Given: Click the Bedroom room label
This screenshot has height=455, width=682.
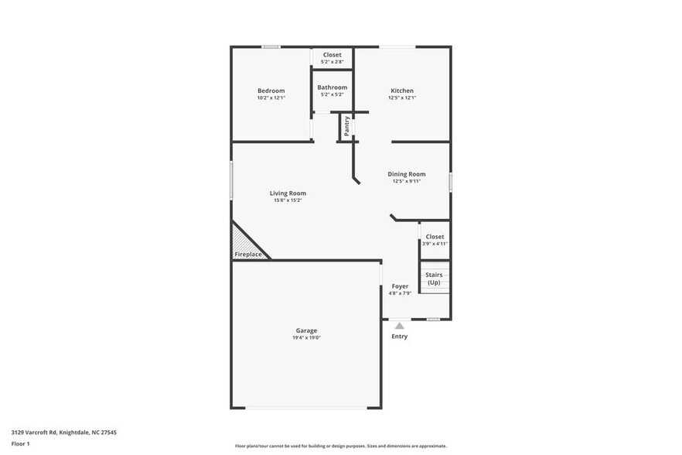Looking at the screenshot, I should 271,91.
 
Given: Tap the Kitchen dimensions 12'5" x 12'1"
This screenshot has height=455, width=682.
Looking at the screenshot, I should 402,97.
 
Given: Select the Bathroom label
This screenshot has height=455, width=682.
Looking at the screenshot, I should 332,87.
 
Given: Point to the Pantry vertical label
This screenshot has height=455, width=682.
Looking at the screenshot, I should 346,126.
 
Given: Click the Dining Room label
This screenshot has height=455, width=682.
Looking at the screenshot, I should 407,174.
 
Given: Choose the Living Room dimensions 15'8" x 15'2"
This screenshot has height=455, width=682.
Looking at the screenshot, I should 288,200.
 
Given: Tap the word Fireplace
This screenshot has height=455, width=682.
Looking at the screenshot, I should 248,254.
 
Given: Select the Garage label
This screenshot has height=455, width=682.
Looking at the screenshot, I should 306,330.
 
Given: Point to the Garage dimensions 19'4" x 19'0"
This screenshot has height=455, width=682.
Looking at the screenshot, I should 306,338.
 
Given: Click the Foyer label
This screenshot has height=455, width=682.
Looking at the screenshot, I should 400,286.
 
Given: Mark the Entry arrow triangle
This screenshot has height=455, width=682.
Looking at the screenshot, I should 399,326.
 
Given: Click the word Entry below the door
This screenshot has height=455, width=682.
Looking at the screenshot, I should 399,337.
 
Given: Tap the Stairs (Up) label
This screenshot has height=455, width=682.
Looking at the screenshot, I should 434,279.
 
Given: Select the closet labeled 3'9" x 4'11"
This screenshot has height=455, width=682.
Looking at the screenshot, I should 434,240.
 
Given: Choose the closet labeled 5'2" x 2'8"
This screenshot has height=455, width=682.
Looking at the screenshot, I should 332,58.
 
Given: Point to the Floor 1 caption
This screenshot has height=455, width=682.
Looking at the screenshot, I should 20,443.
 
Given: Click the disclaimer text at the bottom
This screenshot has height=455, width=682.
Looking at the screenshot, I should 340,446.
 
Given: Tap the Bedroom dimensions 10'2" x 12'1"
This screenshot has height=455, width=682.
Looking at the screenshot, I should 271,98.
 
